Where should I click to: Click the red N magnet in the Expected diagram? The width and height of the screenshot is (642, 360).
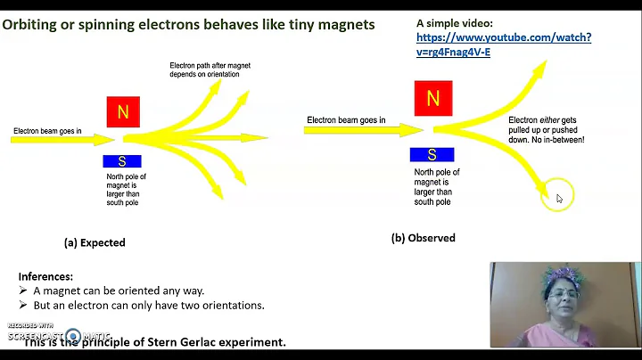[123, 112]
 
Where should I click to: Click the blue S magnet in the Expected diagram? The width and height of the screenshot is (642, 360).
[122, 161]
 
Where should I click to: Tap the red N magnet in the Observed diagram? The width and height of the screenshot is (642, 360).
[432, 99]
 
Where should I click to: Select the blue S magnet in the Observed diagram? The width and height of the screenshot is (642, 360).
[432, 155]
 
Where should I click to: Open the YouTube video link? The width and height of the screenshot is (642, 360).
[503, 45]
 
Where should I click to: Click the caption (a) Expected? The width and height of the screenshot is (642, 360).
[95, 242]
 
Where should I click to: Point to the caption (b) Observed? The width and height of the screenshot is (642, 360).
[423, 238]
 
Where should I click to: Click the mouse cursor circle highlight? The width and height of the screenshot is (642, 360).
[559, 198]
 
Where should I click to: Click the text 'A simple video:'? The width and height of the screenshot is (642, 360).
[455, 22]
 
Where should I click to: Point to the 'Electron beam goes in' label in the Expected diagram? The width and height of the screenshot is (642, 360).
[47, 131]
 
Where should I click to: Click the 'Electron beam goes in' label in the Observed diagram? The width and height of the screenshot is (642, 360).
[346, 120]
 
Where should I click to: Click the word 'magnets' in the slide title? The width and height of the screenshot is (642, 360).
[342, 24]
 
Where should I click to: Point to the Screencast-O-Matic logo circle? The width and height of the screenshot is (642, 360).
[74, 337]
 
